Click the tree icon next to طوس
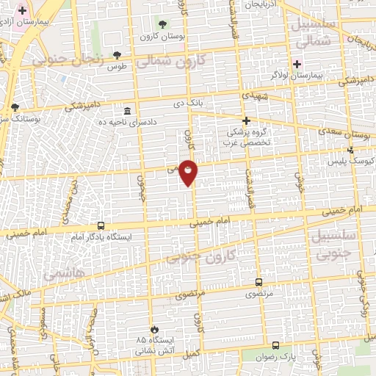click(117, 55)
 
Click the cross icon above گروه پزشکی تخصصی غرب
click(247, 120)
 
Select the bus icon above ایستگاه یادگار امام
click(101, 225)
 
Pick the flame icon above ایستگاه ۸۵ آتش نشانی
click(153, 328)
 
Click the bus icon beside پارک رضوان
click(276, 344)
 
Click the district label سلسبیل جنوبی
click(337, 245)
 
